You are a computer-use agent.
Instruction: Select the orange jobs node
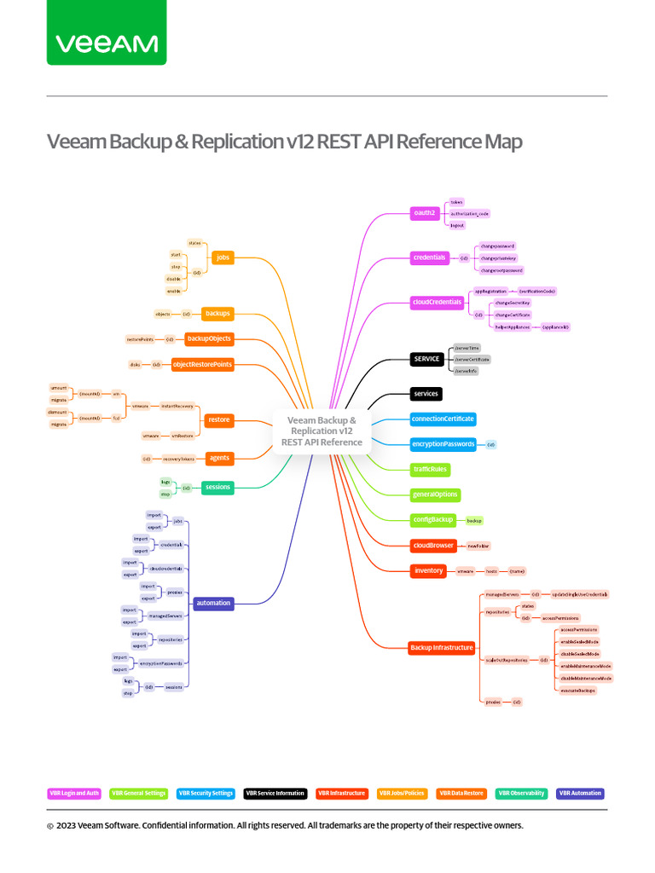(x=223, y=257)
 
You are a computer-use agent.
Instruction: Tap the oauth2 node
(x=424, y=212)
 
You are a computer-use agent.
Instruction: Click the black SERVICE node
(x=426, y=359)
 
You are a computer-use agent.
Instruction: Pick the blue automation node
(x=213, y=603)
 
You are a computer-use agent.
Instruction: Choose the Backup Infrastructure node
(x=441, y=647)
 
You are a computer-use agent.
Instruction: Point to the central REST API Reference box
(x=322, y=431)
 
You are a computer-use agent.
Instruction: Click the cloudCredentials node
(x=438, y=302)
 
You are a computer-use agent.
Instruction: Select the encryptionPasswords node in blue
(x=443, y=444)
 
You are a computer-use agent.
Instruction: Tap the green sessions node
(x=217, y=488)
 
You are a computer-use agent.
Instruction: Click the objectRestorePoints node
(x=202, y=365)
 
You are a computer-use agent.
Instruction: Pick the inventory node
(x=428, y=570)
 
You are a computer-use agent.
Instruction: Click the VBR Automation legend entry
(x=580, y=793)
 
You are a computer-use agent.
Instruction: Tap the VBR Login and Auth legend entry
(x=74, y=793)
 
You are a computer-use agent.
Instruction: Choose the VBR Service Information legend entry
(x=275, y=793)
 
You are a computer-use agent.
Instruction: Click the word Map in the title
(x=503, y=142)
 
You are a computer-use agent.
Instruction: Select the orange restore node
(x=219, y=419)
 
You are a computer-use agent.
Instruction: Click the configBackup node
(x=432, y=519)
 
